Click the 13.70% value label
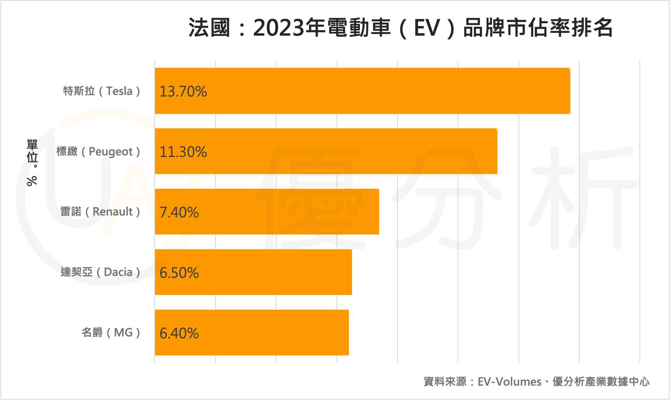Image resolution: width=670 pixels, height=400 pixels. pyautogui.click(x=183, y=91)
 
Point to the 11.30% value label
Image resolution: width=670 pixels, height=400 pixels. pyautogui.click(x=183, y=152)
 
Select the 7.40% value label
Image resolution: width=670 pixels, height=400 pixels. pyautogui.click(x=179, y=212)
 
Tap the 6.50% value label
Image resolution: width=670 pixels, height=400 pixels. pyautogui.click(x=179, y=273)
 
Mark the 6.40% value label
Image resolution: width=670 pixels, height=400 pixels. pyautogui.click(x=179, y=333)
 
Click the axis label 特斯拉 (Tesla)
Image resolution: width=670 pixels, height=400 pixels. pyautogui.click(x=102, y=91)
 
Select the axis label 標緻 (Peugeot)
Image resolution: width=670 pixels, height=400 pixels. pyautogui.click(x=98, y=151)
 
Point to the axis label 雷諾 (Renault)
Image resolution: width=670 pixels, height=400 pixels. pyautogui.click(x=100, y=212)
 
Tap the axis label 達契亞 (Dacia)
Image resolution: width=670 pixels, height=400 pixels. pyautogui.click(x=100, y=272)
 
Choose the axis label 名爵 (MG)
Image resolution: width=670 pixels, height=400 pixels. pyautogui.click(x=111, y=333)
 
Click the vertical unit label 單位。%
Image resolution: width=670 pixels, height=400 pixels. pyautogui.click(x=32, y=163)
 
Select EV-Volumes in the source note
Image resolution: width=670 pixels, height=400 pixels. pyautogui.click(x=509, y=382)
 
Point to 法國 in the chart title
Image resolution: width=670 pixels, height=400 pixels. pyautogui.click(x=210, y=28)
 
